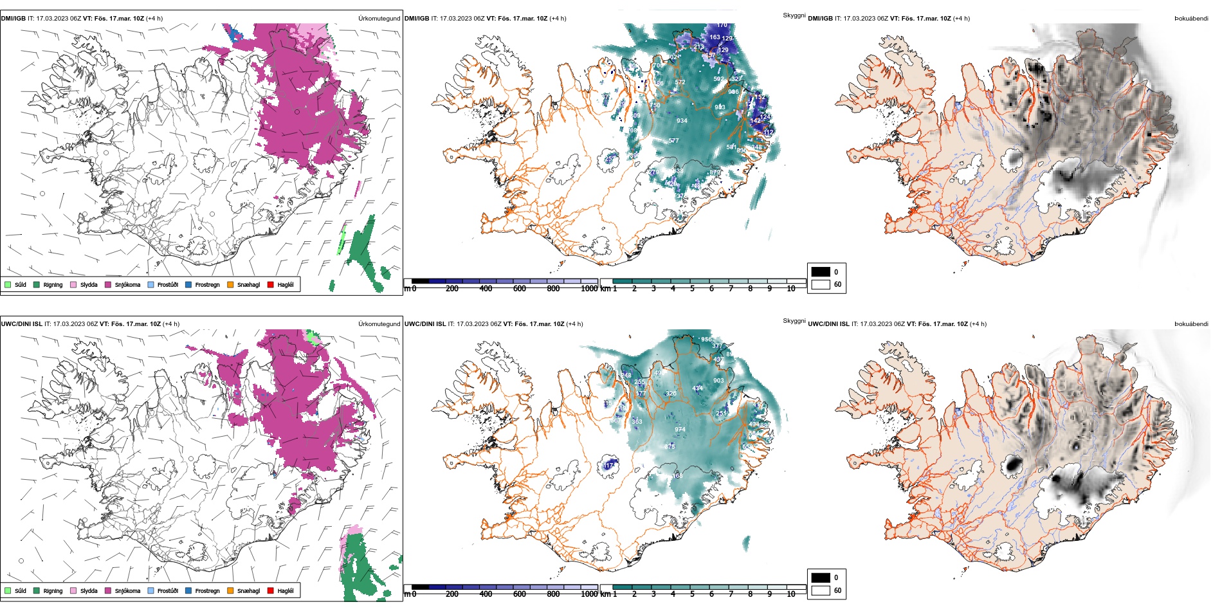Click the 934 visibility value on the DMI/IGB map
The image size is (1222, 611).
pos(682,121)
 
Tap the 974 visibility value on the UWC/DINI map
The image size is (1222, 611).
pos(680,430)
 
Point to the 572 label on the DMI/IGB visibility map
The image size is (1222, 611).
pos(680,82)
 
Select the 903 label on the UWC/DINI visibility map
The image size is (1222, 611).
pos(718,381)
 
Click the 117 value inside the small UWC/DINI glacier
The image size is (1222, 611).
pos(608,465)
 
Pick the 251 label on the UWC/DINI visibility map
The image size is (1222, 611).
pos(721,414)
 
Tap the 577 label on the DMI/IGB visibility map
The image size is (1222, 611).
pos(673,141)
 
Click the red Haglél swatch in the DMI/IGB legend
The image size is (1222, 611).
pos(271,284)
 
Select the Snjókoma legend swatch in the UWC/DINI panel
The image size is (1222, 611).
pos(108,590)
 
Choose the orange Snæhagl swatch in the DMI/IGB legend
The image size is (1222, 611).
pos(230,284)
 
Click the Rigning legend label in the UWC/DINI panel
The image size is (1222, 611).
pos(53,590)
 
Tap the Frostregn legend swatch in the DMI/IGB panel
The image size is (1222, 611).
pos(188,284)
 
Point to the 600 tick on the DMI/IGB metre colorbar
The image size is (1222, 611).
pos(519,289)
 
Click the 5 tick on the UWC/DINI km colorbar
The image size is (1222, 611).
pos(692,594)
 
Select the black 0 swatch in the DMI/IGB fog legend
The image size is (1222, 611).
pos(821,272)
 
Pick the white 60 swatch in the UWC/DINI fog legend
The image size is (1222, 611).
pos(821,590)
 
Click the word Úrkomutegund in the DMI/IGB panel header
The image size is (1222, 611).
pos(379,18)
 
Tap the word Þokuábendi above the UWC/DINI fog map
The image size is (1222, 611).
pos(1191,324)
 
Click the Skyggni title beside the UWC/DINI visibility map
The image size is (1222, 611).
pos(794,320)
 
